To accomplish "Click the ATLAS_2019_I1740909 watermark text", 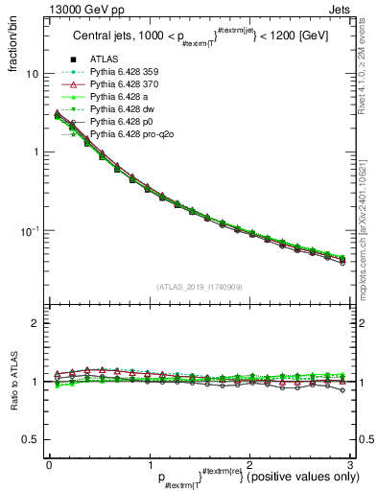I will (x=199, y=288).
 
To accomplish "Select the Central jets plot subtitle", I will (x=199, y=38).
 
